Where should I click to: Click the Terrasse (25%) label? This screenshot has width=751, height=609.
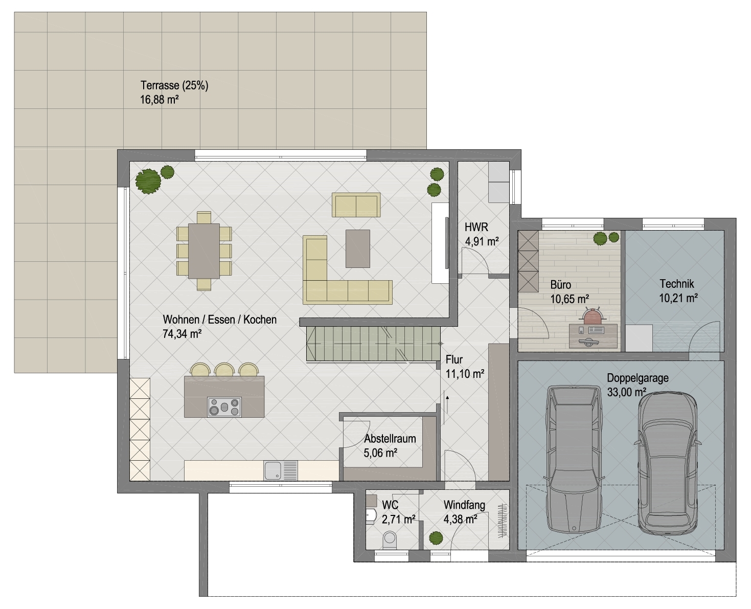click(174, 85)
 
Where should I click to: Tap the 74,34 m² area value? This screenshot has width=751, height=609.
click(182, 333)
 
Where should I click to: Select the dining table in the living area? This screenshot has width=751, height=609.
click(204, 251)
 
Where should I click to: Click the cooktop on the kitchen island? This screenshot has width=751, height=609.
click(224, 407)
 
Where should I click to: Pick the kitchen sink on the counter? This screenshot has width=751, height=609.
click(272, 471)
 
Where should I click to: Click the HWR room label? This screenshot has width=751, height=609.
click(476, 227)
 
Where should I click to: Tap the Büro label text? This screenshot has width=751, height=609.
click(561, 285)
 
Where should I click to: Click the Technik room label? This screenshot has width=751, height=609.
click(676, 283)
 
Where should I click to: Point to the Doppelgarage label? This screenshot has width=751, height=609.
click(638, 378)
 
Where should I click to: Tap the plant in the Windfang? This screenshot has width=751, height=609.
click(436, 538)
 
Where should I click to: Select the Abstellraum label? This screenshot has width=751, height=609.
click(390, 438)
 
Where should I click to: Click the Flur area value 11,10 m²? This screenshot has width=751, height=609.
click(465, 374)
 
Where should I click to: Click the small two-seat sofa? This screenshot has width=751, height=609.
click(356, 205)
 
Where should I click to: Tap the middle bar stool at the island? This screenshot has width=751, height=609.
click(224, 369)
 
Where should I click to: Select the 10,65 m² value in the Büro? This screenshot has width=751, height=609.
click(570, 299)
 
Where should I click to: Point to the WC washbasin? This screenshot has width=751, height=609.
click(370, 516)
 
